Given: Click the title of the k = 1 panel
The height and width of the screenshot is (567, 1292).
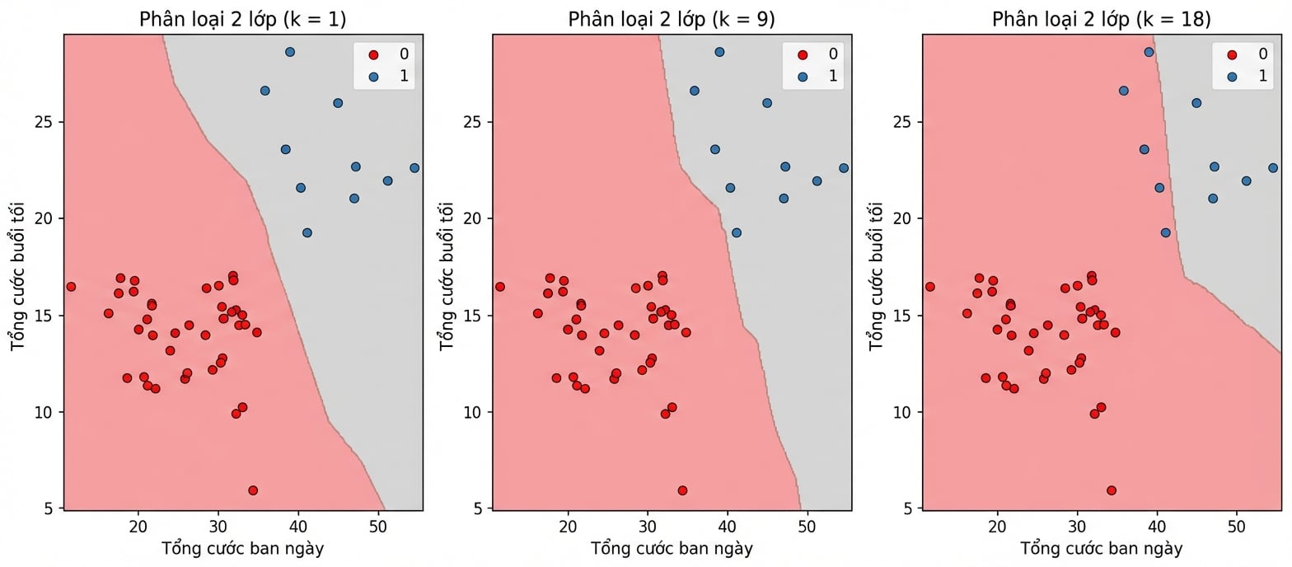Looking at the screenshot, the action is click(x=242, y=19).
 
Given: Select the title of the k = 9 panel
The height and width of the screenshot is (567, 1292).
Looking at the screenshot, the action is click(x=672, y=19).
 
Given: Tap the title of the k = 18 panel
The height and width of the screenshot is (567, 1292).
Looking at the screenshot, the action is click(x=1101, y=19).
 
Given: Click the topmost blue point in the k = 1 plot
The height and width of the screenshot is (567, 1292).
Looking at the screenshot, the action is click(x=290, y=52).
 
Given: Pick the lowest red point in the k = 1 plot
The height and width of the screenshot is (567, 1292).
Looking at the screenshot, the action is click(x=253, y=490).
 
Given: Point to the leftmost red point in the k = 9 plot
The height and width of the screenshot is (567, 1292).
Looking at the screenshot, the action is click(x=500, y=287).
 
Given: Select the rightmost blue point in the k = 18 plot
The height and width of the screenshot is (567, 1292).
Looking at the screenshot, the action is click(x=1273, y=168).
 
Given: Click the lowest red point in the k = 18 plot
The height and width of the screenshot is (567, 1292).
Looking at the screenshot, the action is click(x=1112, y=490).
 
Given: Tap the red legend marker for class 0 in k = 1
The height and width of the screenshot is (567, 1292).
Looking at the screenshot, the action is click(x=374, y=54).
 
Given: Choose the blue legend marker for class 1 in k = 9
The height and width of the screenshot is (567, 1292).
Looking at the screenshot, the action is click(x=803, y=76).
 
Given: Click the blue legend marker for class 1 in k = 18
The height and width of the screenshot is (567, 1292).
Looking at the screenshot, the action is click(x=1233, y=76).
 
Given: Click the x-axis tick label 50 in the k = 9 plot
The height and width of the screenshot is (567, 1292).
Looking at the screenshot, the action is click(x=807, y=527).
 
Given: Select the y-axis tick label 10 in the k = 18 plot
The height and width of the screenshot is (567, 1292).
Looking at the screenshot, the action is click(x=902, y=412).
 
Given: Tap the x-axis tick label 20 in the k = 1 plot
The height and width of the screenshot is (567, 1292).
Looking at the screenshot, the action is click(x=138, y=527).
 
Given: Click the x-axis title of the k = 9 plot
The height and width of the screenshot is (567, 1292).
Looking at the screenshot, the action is click(x=672, y=549).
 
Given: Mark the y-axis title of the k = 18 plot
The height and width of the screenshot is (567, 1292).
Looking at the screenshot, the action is click(x=876, y=276).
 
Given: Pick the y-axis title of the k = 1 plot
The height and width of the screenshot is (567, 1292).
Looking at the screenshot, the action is click(x=17, y=276).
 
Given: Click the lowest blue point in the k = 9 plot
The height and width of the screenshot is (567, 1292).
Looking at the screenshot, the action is click(x=737, y=233).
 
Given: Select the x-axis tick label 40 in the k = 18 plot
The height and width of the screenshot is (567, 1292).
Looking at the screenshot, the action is click(x=1157, y=527).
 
